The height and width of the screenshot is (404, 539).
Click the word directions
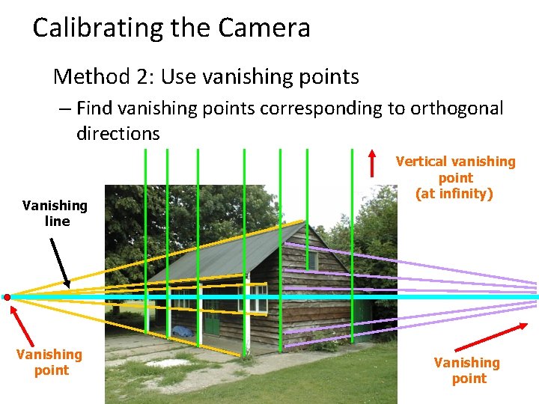pyautogui.click(x=118, y=134)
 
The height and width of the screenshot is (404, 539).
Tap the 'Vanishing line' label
pyautogui.click(x=55, y=213)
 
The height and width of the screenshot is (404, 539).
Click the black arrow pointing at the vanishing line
pyautogui.click(x=59, y=263)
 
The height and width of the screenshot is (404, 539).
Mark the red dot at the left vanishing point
pyautogui.click(x=7, y=297)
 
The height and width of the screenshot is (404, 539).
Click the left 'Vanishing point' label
pyautogui.click(x=49, y=362)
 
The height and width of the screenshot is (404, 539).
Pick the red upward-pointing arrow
pyautogui.click(x=373, y=163)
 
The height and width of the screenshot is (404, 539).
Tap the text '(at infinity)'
pyautogui.click(x=455, y=195)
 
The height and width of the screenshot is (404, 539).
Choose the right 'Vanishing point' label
pyautogui.click(x=467, y=370)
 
